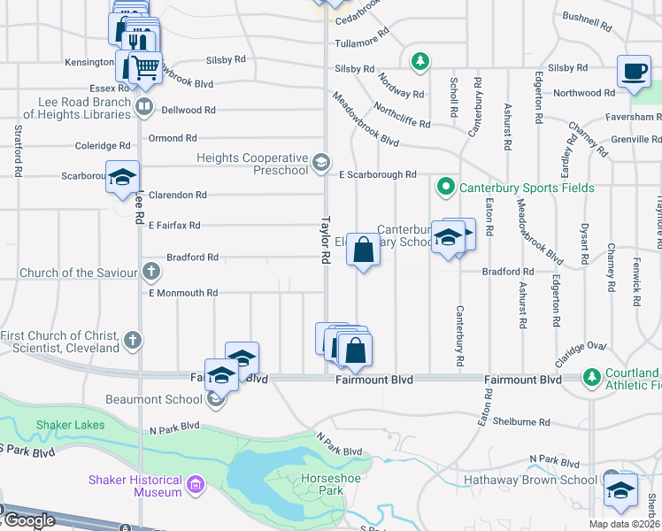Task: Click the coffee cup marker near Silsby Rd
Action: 634,72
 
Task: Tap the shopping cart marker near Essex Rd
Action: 145,68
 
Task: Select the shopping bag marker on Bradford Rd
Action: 363,250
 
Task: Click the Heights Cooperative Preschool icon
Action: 321,163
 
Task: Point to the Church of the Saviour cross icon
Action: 151,272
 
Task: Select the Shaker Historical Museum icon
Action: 196,483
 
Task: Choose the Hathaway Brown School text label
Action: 530,481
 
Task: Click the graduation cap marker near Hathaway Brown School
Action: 620,489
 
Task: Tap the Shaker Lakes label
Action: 70,425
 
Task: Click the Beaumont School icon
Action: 215,400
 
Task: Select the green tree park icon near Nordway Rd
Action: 421,61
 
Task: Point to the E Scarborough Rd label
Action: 378,175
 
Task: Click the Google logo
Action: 29,520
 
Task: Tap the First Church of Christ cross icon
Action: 132,339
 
